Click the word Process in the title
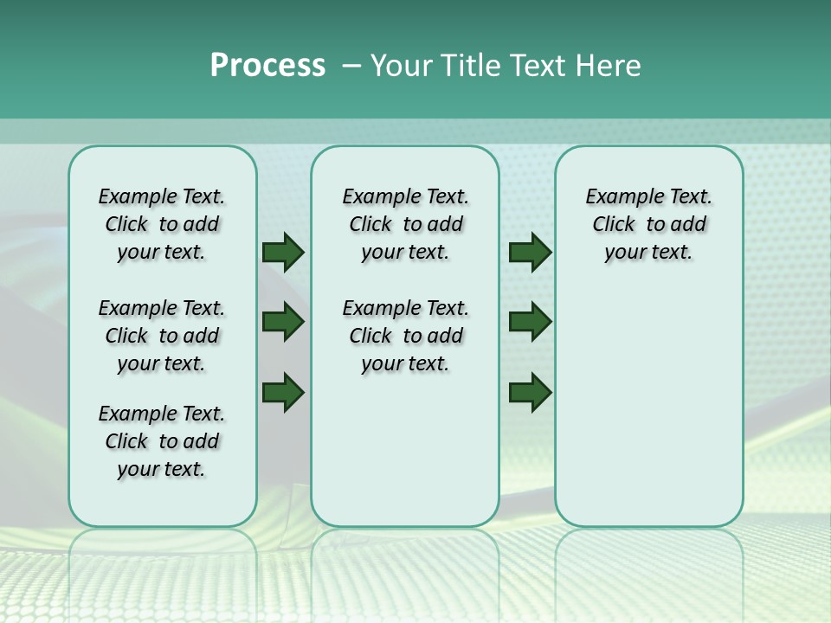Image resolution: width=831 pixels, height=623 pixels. pyautogui.click(x=267, y=66)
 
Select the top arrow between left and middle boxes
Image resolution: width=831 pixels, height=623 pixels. pyautogui.click(x=283, y=253)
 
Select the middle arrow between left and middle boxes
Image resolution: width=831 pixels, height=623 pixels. pyautogui.click(x=283, y=323)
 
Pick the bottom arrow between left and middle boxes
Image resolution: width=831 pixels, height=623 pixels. pyautogui.click(x=283, y=391)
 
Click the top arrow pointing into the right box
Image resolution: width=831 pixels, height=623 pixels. pyautogui.click(x=530, y=253)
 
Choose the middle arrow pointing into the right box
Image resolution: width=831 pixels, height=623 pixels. pyautogui.click(x=530, y=323)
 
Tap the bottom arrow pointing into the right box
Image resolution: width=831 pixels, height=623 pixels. pyautogui.click(x=530, y=391)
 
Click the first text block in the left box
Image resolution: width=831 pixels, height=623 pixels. pyautogui.click(x=161, y=224)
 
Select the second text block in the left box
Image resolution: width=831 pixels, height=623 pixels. pyautogui.click(x=161, y=336)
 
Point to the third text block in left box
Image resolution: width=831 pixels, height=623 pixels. pyautogui.click(x=161, y=441)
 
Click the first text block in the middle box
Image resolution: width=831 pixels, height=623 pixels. pyautogui.click(x=405, y=224)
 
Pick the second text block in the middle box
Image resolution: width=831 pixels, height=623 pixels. pyautogui.click(x=405, y=336)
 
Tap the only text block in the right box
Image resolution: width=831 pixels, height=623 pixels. pyautogui.click(x=648, y=224)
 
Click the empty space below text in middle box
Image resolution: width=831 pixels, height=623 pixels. pyautogui.click(x=405, y=450)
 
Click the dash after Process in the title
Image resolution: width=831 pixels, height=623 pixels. pyautogui.click(x=351, y=66)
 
